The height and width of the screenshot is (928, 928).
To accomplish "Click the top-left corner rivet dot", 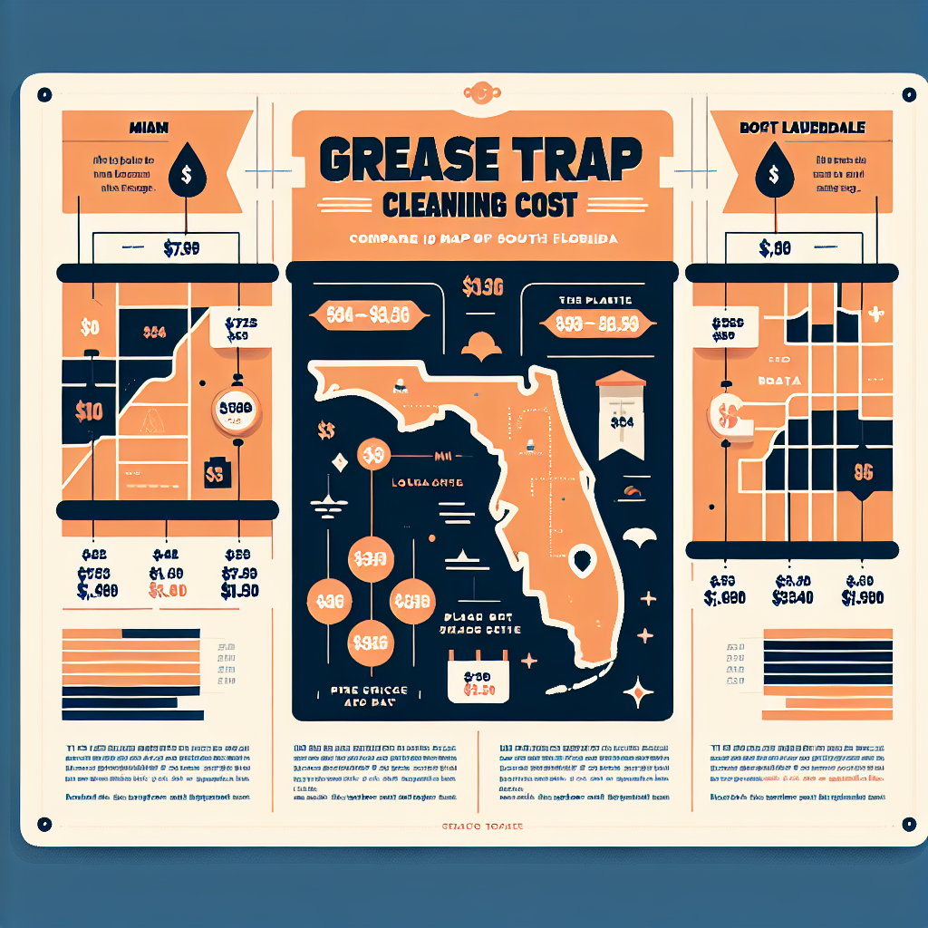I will click(x=43, y=93).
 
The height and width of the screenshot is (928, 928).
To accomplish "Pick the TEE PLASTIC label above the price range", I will click(x=583, y=299).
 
